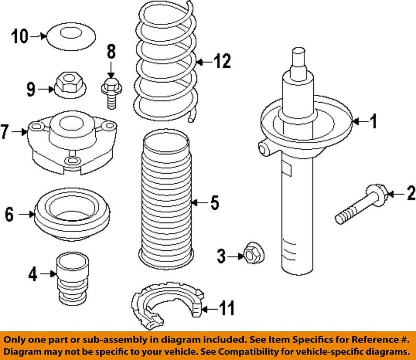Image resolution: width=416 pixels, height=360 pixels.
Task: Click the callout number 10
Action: click(20, 37)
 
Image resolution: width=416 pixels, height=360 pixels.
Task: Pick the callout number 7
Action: click(5, 132)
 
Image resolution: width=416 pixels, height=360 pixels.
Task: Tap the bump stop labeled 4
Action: click(72, 279)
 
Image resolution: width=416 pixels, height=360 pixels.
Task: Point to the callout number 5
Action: click(214, 203)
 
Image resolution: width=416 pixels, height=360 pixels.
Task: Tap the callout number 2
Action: click(411, 193)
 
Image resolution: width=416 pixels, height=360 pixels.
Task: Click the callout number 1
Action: click(373, 122)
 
